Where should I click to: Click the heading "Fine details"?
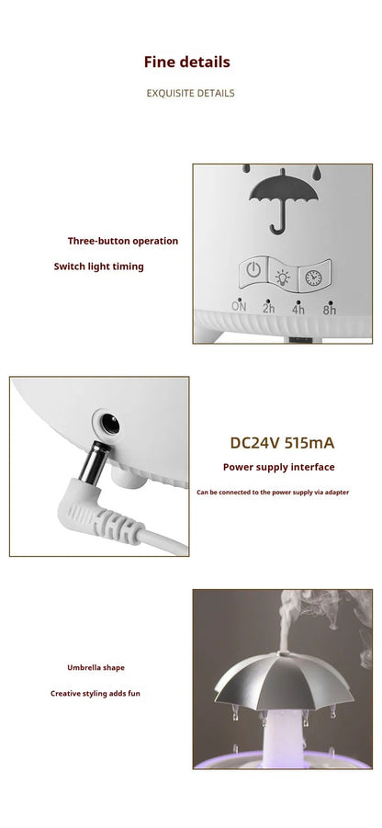click(186, 62)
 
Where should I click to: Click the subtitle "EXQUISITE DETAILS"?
click(190, 93)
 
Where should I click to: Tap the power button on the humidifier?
click(253, 273)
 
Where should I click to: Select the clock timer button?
click(313, 276)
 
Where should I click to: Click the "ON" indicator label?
click(239, 307)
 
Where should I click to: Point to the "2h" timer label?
click(268, 308)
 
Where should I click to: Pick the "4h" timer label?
click(298, 310)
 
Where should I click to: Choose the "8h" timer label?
click(329, 310)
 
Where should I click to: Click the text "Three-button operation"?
click(123, 241)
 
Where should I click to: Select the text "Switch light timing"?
click(98, 267)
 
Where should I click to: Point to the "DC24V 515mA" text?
click(282, 443)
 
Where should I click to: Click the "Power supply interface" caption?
click(279, 467)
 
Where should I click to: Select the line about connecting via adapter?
click(273, 493)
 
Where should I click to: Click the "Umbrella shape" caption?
click(95, 667)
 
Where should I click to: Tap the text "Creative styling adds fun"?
click(95, 693)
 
